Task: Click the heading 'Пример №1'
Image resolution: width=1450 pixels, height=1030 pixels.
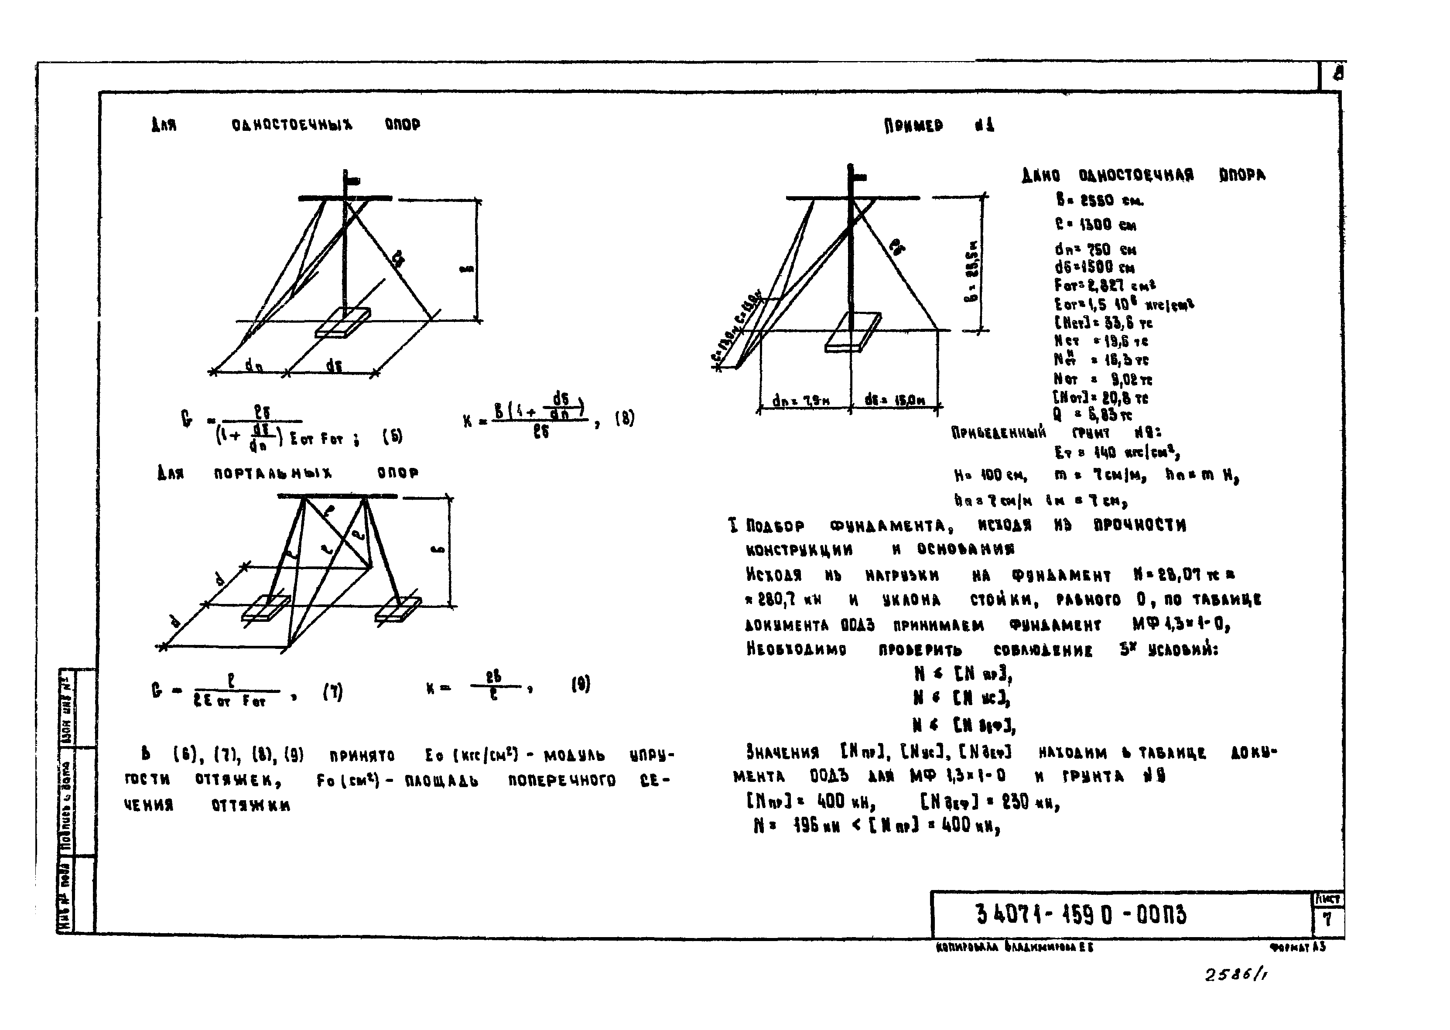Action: (x=939, y=126)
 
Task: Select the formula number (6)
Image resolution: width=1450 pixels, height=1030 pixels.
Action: (x=392, y=437)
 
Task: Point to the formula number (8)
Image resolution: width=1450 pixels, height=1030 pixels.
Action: (x=624, y=419)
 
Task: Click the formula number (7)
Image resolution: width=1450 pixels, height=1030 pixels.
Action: (x=332, y=692)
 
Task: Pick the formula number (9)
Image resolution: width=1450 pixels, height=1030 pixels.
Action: (x=580, y=684)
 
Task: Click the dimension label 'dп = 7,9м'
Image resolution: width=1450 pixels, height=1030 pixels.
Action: (x=802, y=401)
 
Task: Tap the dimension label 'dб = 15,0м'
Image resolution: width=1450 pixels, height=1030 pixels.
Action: (x=894, y=400)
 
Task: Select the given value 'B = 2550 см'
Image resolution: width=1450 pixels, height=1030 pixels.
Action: (x=1100, y=201)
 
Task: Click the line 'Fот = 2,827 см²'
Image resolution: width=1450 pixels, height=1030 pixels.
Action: (x=1105, y=285)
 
